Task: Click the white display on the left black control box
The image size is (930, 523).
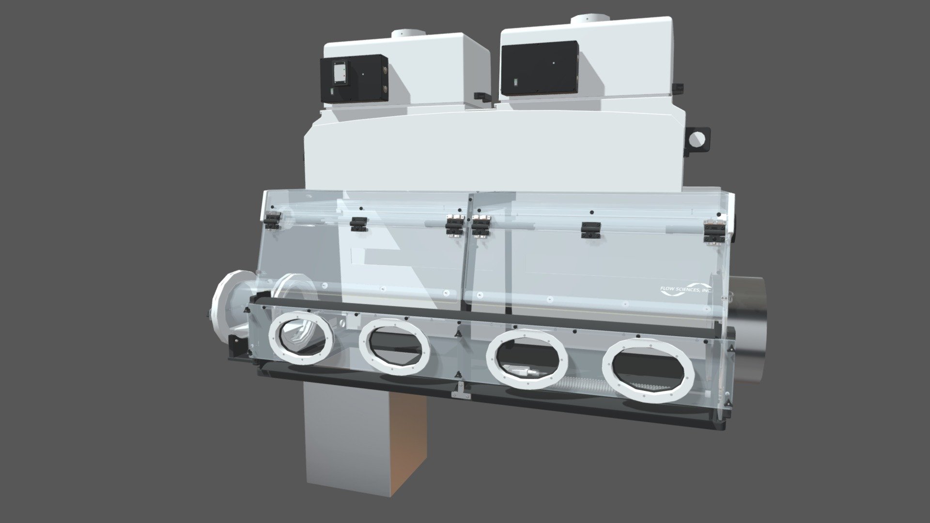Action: tap(340, 74)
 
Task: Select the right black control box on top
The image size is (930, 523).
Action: tap(540, 68)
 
